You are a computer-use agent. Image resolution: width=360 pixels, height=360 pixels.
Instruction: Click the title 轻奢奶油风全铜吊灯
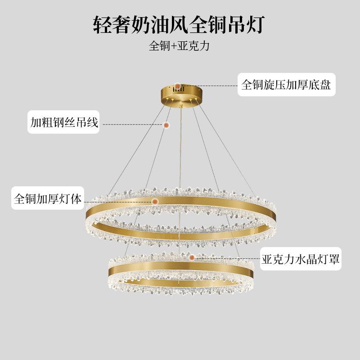180,24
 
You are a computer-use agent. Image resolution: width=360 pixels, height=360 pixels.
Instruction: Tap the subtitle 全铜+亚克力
180,46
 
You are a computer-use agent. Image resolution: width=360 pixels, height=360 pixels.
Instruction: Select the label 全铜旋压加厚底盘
286,85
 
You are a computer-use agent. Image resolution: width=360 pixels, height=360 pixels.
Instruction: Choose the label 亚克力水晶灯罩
300,259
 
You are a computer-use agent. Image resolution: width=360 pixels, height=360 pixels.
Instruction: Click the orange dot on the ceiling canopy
179,85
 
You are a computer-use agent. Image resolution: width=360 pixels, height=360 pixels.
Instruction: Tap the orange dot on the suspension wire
166,125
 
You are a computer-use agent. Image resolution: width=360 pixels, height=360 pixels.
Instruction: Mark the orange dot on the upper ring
154,201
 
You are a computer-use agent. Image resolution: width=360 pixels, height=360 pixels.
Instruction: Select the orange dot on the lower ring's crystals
192,258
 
